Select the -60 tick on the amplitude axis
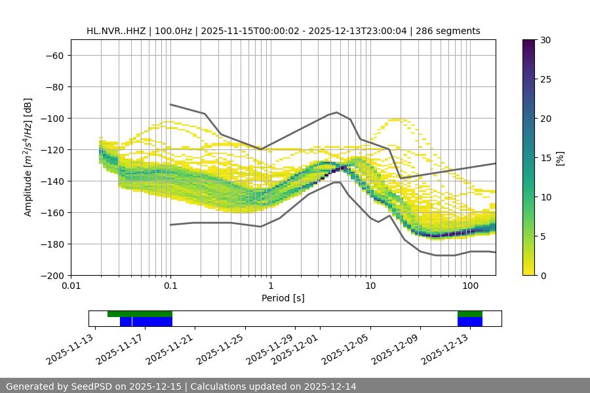[54, 55]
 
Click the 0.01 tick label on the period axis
[71, 286]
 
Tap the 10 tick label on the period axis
[370, 286]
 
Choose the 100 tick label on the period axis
[470, 286]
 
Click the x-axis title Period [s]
[283, 298]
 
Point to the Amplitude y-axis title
[28, 157]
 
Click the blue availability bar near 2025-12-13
[470, 322]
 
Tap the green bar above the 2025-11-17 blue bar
[140, 314]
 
